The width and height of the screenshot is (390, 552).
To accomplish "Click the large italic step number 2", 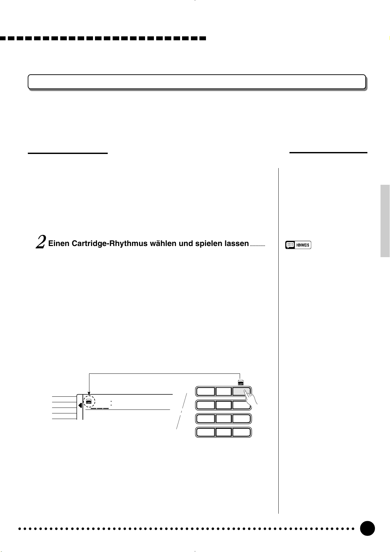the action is click(41, 243).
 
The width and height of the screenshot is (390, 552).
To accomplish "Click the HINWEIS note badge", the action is click(298, 245).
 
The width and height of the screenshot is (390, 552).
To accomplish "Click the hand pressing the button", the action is click(251, 398).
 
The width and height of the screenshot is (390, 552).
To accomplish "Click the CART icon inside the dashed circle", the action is click(88, 401).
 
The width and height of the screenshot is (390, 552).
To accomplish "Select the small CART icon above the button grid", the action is click(241, 382).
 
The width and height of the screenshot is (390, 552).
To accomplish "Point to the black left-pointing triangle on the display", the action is click(80, 406).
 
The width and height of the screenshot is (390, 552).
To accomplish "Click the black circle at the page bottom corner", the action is click(367, 528).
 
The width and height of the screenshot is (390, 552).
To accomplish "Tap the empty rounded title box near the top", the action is click(196, 82).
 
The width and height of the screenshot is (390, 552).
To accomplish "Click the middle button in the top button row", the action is click(224, 391).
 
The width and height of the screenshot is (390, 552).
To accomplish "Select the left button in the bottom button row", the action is click(205, 432).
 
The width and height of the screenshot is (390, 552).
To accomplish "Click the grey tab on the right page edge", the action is click(385, 221).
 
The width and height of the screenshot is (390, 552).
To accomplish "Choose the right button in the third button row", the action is click(242, 419).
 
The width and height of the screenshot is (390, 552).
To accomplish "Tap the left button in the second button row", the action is click(205, 405).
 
